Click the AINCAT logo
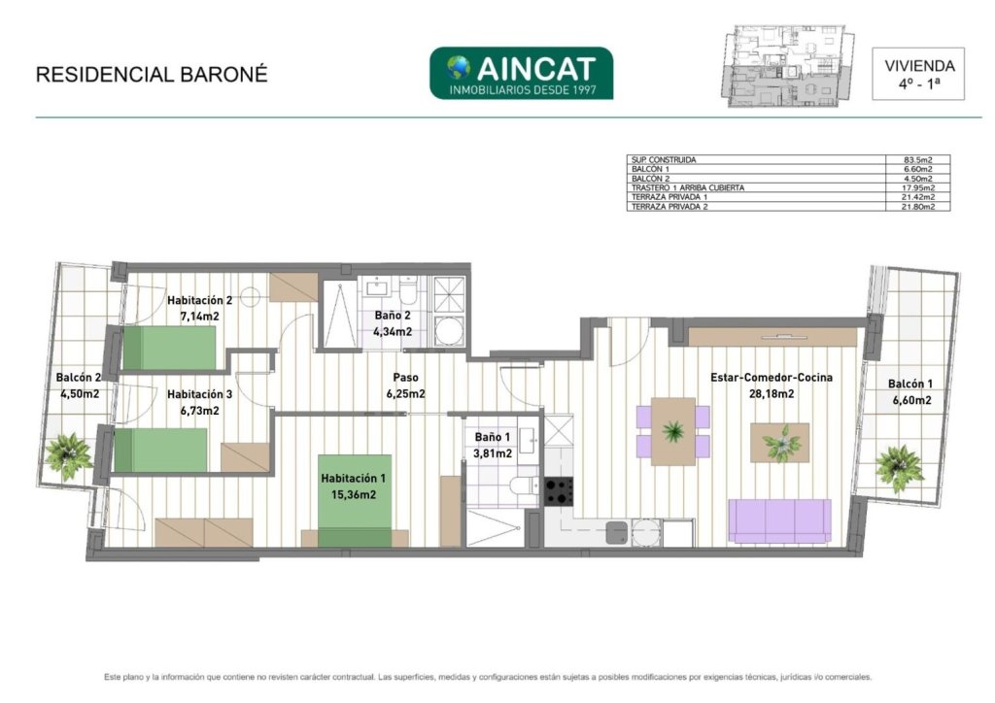(521, 73)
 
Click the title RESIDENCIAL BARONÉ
(152, 74)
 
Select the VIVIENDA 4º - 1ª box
(918, 74)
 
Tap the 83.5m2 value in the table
(918, 160)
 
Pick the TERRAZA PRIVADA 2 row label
(669, 207)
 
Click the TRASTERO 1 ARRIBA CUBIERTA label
(688, 187)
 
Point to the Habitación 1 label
(353, 479)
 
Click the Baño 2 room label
(393, 315)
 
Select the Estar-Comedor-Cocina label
(771, 378)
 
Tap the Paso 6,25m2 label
(405, 385)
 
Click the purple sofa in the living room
(779, 520)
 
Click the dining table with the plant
(672, 431)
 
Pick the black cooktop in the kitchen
(559, 491)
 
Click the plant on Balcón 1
(899, 468)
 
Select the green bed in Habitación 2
(169, 348)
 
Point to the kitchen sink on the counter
(616, 532)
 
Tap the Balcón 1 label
(909, 391)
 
